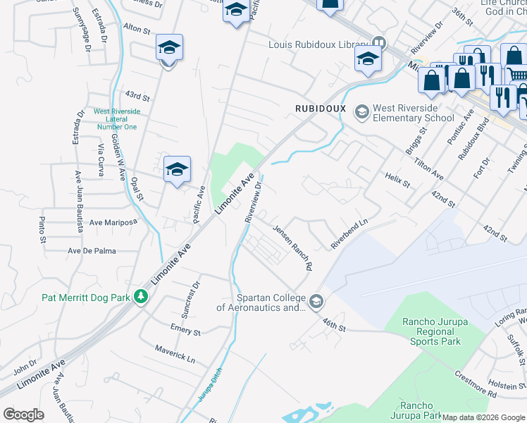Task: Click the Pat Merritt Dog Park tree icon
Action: [x=141, y=297]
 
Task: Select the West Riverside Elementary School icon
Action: [x=362, y=112]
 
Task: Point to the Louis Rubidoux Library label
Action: [x=319, y=44]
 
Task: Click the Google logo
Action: [x=23, y=415]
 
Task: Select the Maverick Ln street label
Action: [x=174, y=354]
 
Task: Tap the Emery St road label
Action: [x=185, y=329]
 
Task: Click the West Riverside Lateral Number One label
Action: [x=116, y=119]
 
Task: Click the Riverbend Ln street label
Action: [x=350, y=234]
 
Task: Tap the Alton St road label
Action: [x=137, y=30]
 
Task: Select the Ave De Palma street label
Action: [x=92, y=250]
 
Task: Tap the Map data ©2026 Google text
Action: [x=483, y=417]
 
